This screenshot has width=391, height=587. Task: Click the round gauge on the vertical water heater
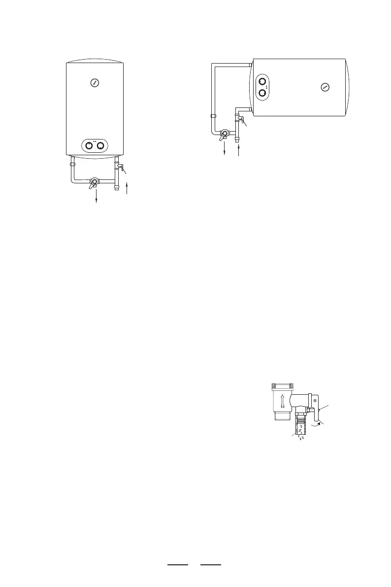(x=95, y=83)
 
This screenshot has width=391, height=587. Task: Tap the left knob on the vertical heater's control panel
(x=90, y=146)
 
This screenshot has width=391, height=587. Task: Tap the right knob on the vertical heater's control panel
(x=100, y=146)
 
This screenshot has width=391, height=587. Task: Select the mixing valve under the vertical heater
(x=93, y=183)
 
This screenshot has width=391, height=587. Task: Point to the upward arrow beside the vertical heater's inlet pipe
(x=127, y=188)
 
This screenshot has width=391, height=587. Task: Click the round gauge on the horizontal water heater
(x=325, y=87)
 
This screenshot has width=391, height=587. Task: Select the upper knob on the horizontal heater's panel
(x=262, y=82)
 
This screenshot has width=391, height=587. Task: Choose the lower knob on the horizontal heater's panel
(x=262, y=93)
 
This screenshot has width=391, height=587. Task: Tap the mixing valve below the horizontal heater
(x=225, y=134)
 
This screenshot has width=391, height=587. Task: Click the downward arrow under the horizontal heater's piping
(x=225, y=149)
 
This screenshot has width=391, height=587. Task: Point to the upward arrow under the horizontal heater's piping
(x=238, y=150)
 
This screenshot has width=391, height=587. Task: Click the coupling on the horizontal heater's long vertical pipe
(x=213, y=116)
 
